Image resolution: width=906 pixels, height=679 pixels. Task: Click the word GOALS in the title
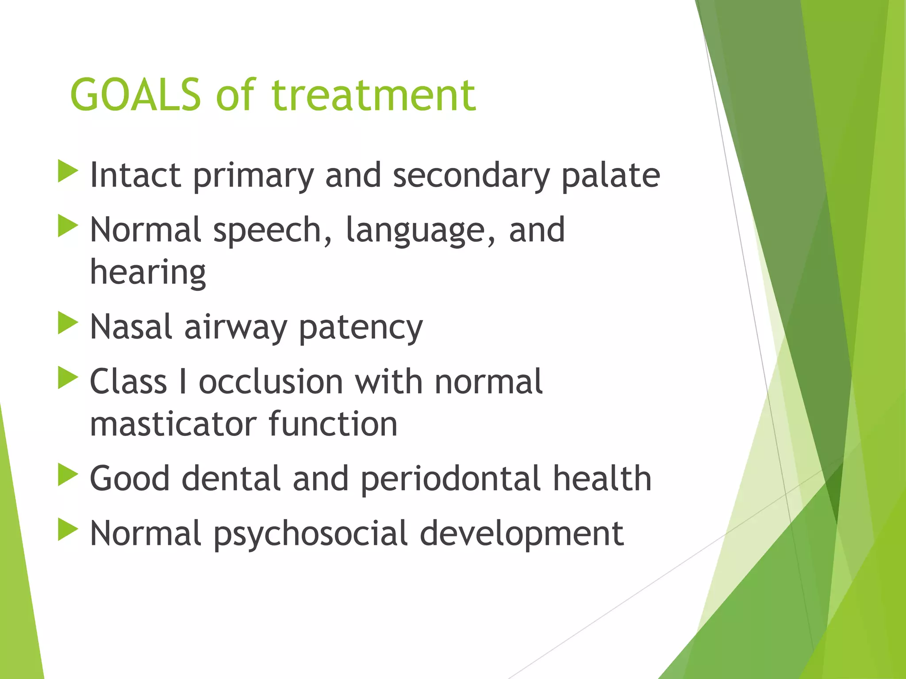(x=135, y=95)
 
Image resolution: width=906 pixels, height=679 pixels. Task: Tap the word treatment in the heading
(x=374, y=95)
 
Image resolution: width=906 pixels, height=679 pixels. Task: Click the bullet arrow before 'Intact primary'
(x=68, y=171)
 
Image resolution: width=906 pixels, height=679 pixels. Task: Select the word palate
(x=610, y=175)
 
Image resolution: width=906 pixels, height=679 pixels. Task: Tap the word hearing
(x=148, y=273)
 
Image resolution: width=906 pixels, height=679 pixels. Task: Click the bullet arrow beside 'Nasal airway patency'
(x=68, y=323)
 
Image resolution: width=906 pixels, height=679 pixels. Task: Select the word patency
(x=361, y=328)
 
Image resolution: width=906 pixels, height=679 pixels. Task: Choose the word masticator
(x=173, y=424)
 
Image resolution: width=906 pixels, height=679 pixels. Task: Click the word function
(x=333, y=424)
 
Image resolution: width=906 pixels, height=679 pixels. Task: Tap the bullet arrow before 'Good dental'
(x=68, y=474)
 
